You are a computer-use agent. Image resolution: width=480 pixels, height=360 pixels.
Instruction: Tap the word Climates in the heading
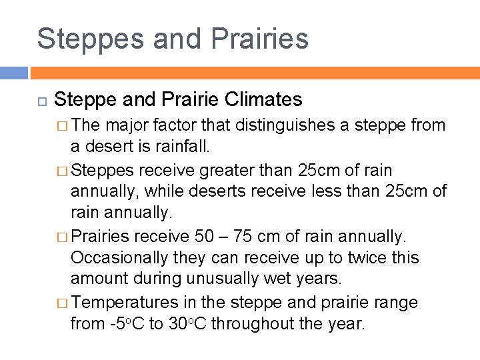coord(264,100)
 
